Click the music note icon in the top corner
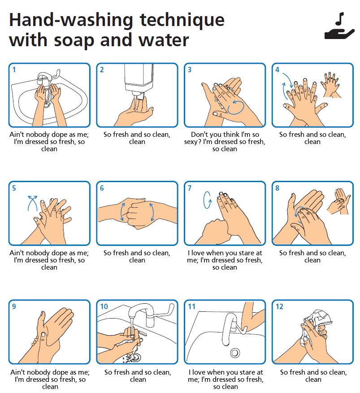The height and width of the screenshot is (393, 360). coord(340,19)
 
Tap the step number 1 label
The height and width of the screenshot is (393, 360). coord(14,70)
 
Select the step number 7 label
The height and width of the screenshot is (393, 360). coord(189,188)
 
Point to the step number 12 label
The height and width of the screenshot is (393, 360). coord(279,306)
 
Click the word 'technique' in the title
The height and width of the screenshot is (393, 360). coord(182,21)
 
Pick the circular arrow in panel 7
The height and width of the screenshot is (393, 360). coord(207,200)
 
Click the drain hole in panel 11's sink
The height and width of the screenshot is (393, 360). coord(235,353)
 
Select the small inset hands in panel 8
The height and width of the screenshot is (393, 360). coord(339,201)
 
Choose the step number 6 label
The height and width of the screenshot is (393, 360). coord(102,188)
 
